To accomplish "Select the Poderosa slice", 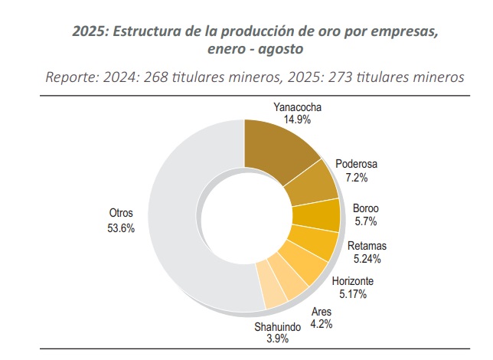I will click(x=313, y=183).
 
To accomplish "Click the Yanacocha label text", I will click(x=299, y=106).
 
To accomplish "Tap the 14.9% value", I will click(x=299, y=119).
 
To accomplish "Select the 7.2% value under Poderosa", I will click(x=358, y=177).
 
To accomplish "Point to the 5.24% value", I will click(x=367, y=258).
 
